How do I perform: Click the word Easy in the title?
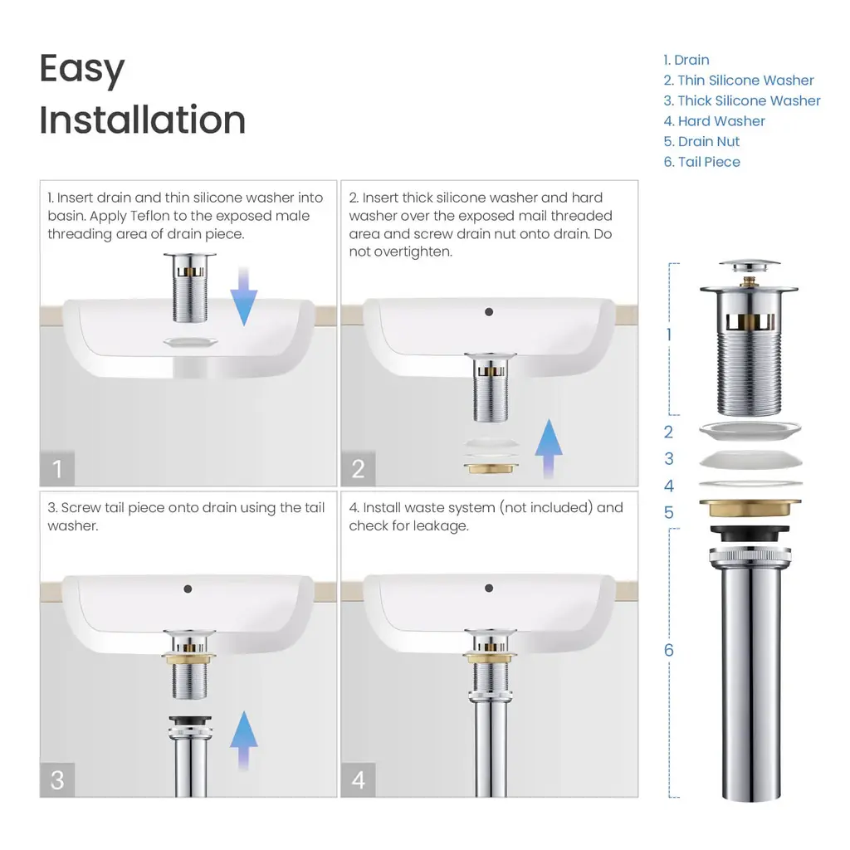coord(82,70)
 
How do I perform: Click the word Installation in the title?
coord(143,120)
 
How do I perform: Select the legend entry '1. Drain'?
coord(686,60)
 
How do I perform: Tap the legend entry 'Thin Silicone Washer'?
coord(746,81)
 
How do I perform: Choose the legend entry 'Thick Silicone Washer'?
coord(750,100)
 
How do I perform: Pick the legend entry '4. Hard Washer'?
coord(715,121)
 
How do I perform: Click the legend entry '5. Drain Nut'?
coord(701,141)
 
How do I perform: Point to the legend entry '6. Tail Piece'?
coord(702,162)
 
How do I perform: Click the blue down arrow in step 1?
coord(244,296)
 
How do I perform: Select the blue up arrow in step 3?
coord(244,740)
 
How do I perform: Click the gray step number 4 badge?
coord(359,780)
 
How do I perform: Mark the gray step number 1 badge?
coord(57,469)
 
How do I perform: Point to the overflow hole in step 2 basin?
coord(489,312)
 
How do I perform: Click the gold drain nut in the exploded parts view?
coord(750,508)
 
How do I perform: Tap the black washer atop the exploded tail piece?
coord(750,533)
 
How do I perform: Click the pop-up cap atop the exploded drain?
coord(750,266)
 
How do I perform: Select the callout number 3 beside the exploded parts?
coord(669,458)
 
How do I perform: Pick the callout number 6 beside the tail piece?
coord(669,650)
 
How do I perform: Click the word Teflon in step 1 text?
coord(150,216)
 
